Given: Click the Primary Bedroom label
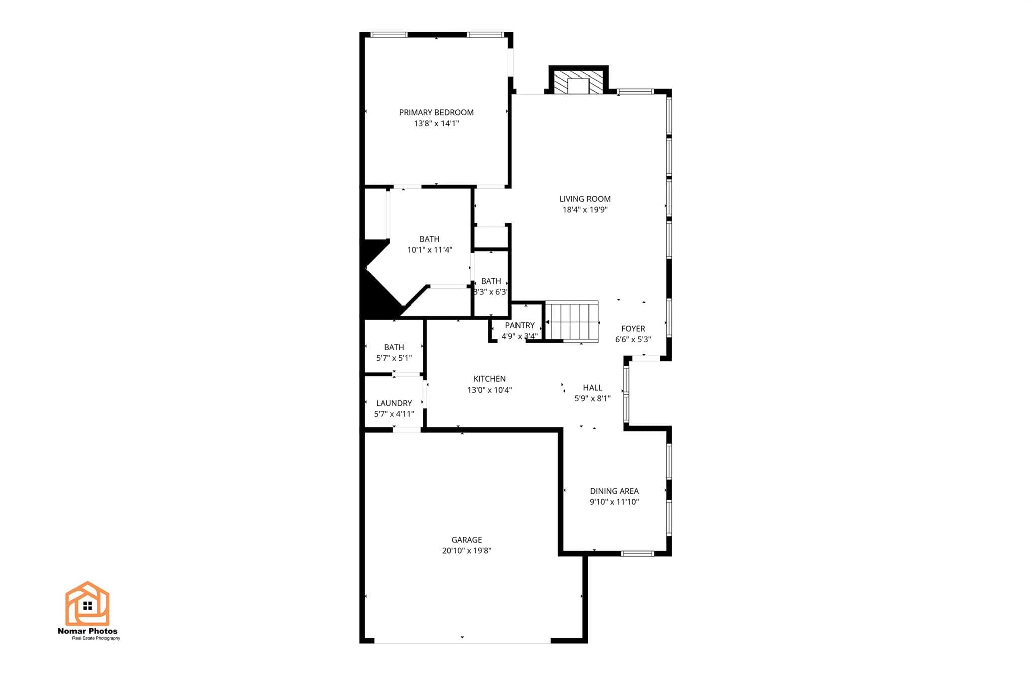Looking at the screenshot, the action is point(436,112).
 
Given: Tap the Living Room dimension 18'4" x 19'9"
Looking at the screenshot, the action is point(585,210).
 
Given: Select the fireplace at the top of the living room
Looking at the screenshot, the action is point(578,80).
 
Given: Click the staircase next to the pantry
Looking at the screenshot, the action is point(572,322).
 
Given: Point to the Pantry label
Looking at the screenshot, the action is point(520,325).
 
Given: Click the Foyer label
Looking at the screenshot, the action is point(633,328).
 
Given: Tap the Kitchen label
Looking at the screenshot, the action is point(489,379).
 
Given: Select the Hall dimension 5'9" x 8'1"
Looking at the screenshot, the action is point(593,398).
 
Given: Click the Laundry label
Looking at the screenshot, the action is point(394,403).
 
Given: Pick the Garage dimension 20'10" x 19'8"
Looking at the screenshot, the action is point(466,551).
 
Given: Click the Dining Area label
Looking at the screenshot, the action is point(614,491).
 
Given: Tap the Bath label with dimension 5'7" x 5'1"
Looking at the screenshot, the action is point(394,347).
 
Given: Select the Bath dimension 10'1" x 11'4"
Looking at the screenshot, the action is point(429,250).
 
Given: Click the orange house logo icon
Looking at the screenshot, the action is point(87,603).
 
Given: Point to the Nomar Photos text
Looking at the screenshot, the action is point(88,631).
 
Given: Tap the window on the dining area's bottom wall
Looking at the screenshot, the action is point(637,553).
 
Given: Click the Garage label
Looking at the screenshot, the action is point(467,540).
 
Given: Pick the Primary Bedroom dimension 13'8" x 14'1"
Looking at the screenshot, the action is point(436,123).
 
